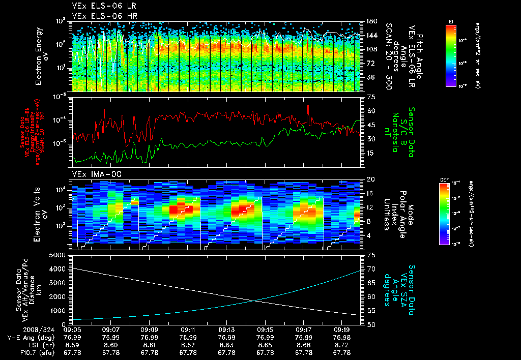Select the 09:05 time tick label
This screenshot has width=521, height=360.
72,329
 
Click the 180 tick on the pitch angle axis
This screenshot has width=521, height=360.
371,21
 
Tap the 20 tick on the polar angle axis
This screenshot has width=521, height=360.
371,179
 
